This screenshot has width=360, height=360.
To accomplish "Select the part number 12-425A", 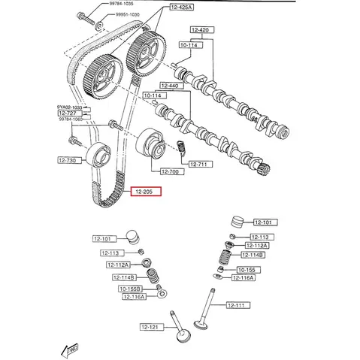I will click(181, 7).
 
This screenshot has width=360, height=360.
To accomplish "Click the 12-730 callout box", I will click(68, 160).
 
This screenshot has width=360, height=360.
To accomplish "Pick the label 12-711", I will click(199, 165).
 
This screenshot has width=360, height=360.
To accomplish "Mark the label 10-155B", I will click(130, 289).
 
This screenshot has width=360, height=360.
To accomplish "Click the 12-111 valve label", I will click(236, 304).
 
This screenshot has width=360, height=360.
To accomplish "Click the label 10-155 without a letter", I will click(247, 270).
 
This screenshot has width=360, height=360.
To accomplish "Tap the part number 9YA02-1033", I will click(70, 107).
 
